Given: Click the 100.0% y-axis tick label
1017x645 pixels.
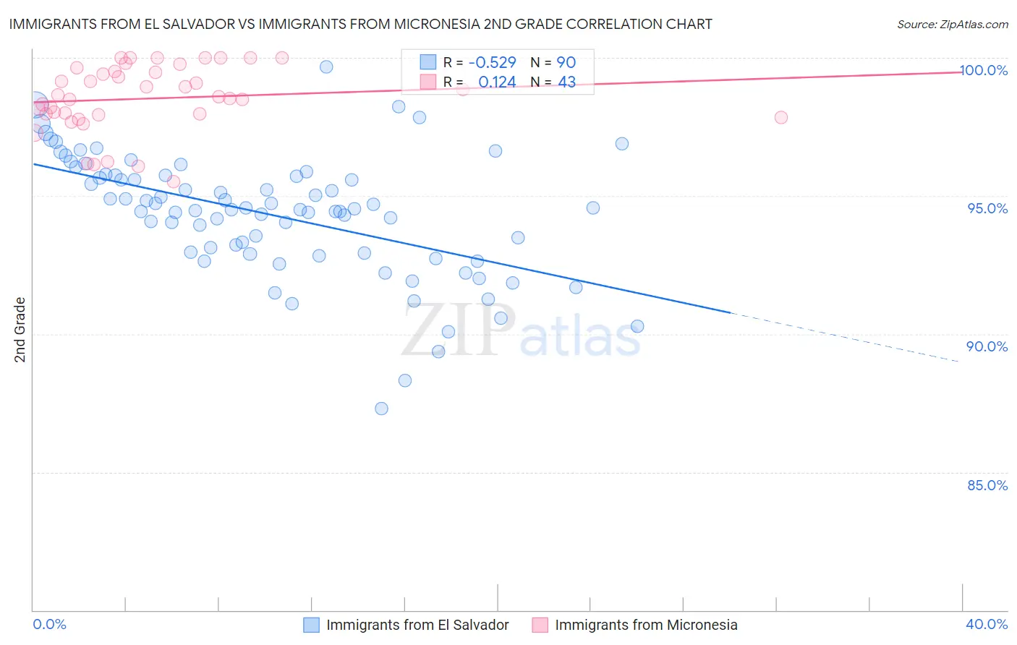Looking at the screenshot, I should tap(983, 70).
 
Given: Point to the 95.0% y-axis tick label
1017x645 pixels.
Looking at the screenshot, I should tap(987, 208).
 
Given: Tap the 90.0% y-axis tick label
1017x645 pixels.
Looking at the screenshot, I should tap(987, 346).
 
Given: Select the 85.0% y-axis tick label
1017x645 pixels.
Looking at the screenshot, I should tap(987, 485).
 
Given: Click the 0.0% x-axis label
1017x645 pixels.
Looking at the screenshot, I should tap(49, 624).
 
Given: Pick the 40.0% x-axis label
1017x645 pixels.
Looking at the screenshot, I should tap(987, 624).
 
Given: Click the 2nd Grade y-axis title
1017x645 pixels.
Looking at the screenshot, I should tap(20, 330).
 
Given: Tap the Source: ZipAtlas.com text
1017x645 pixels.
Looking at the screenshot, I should tap(952, 25).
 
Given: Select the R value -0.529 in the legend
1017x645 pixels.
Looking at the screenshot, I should tap(492, 63).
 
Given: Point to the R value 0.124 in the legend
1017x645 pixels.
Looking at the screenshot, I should tap(497, 82).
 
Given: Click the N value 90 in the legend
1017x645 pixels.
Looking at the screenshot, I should tap(566, 63).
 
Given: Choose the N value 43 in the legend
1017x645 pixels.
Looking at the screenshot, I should tap(566, 82).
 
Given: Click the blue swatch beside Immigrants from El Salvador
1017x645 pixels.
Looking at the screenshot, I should tap(312, 625).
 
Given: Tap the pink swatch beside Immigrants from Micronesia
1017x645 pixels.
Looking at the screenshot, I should tap(540, 625).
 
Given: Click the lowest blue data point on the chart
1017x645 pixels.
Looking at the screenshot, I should tap(381, 409).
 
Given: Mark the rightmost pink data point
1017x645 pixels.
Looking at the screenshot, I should tap(780, 118).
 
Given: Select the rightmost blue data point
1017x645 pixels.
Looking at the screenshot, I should tap(637, 326).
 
